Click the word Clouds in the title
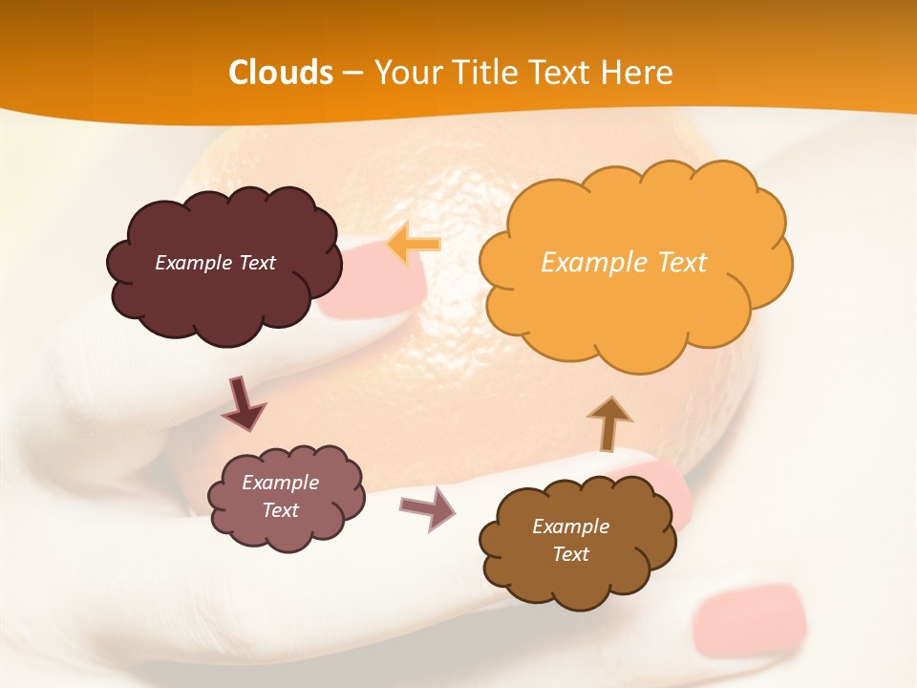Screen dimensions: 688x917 tap(281, 73)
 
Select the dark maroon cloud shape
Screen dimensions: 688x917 tap(223, 287)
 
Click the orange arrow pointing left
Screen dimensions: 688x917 tap(415, 244)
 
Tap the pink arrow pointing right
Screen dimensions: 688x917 tap(429, 508)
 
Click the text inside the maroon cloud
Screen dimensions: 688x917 tap(215, 263)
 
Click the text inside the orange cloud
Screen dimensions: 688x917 tap(624, 263)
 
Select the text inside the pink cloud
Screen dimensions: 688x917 tap(280, 496)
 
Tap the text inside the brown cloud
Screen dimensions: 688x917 tap(570, 540)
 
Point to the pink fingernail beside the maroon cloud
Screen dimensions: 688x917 tap(377, 282)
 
